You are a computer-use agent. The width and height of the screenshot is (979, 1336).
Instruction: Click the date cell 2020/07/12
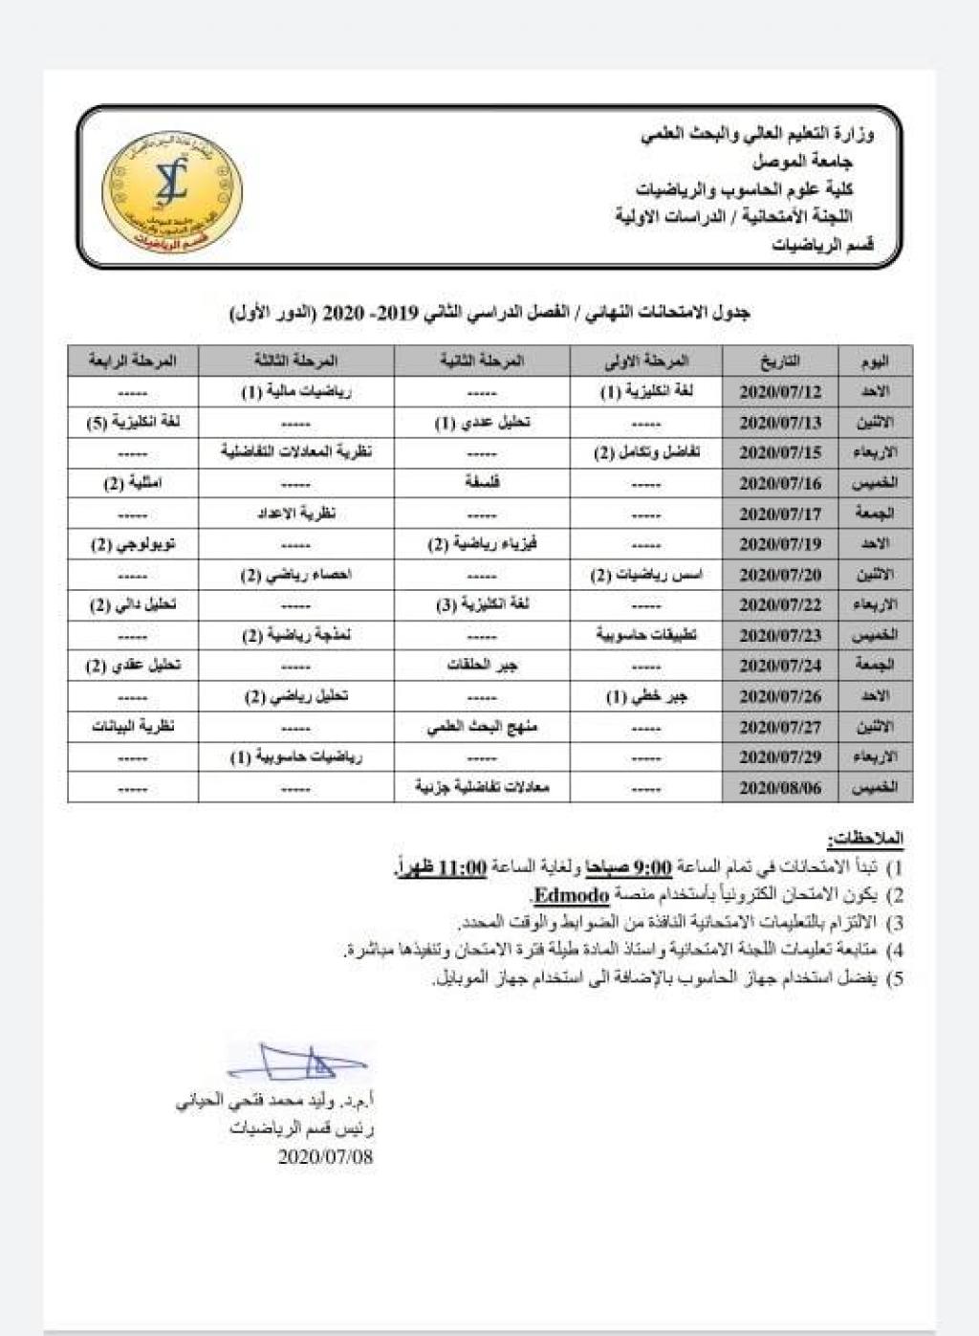click(780, 392)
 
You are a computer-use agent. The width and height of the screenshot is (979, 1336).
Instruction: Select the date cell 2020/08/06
click(780, 788)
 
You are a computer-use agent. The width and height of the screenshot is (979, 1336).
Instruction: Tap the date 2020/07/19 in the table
click(780, 544)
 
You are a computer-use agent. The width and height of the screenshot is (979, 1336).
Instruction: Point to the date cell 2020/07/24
click(780, 666)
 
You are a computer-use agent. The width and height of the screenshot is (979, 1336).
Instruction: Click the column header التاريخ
click(780, 361)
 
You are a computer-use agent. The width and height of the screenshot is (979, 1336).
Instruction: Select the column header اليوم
click(874, 361)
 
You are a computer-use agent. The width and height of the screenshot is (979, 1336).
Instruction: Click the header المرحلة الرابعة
click(133, 361)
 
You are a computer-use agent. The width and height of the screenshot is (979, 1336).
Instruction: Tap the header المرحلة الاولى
click(646, 361)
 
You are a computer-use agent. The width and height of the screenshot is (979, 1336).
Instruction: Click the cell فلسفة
click(482, 483)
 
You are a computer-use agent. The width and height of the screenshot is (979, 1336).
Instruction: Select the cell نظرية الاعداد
click(295, 514)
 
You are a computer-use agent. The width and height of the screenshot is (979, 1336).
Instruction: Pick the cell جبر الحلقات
click(482, 666)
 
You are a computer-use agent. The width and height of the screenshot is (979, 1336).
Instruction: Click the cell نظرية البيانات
click(133, 727)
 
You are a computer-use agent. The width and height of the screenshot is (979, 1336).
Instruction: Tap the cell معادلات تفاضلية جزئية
click(482, 787)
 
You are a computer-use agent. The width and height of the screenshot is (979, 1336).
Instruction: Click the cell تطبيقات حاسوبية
click(646, 635)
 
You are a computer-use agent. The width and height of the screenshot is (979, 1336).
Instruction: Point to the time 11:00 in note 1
click(463, 868)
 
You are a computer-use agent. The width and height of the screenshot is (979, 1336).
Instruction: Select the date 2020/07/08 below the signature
click(325, 1156)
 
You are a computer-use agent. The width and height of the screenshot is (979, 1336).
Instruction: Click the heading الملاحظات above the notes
click(866, 839)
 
